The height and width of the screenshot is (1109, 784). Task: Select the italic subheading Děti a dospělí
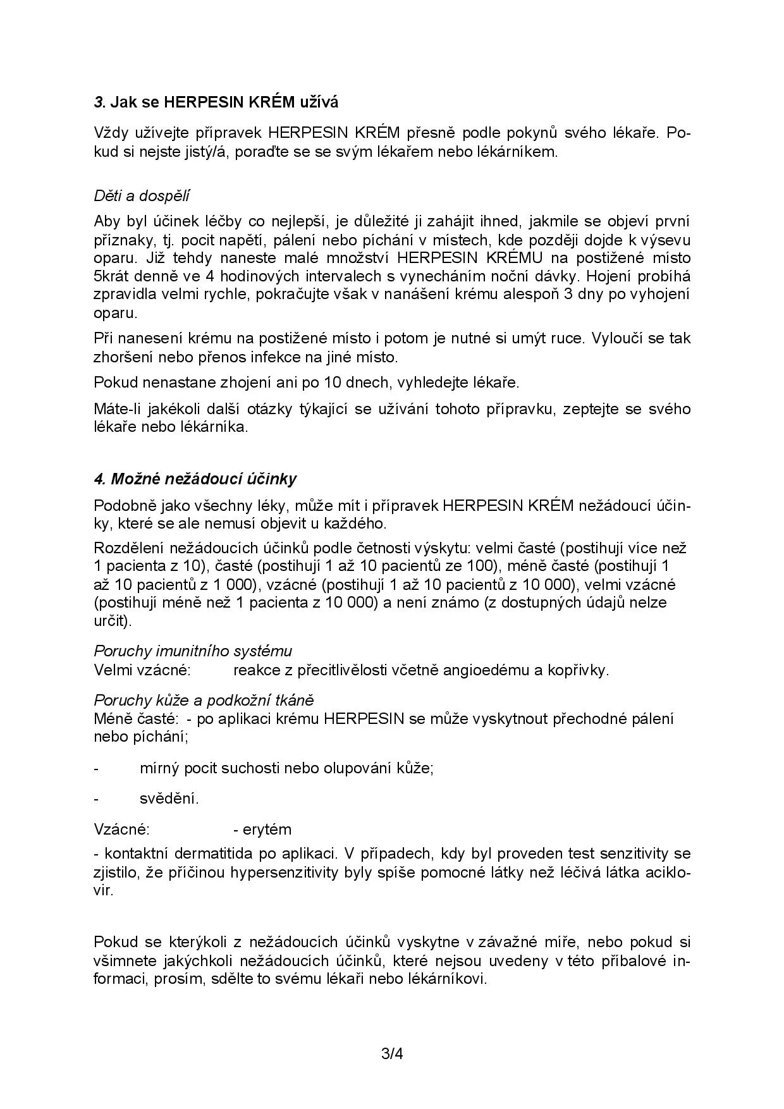[x=142, y=195]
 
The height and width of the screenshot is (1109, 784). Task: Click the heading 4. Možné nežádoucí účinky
[x=195, y=479]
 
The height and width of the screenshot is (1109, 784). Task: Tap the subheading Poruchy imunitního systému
[x=193, y=651]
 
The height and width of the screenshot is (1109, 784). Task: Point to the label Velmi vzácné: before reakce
[x=142, y=670]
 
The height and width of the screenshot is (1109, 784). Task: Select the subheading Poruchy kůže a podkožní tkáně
[x=204, y=700]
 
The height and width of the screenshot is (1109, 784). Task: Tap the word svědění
[x=169, y=798]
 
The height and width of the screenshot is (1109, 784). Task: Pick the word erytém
[x=267, y=829]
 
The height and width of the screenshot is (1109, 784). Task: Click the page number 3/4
[x=392, y=1054]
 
